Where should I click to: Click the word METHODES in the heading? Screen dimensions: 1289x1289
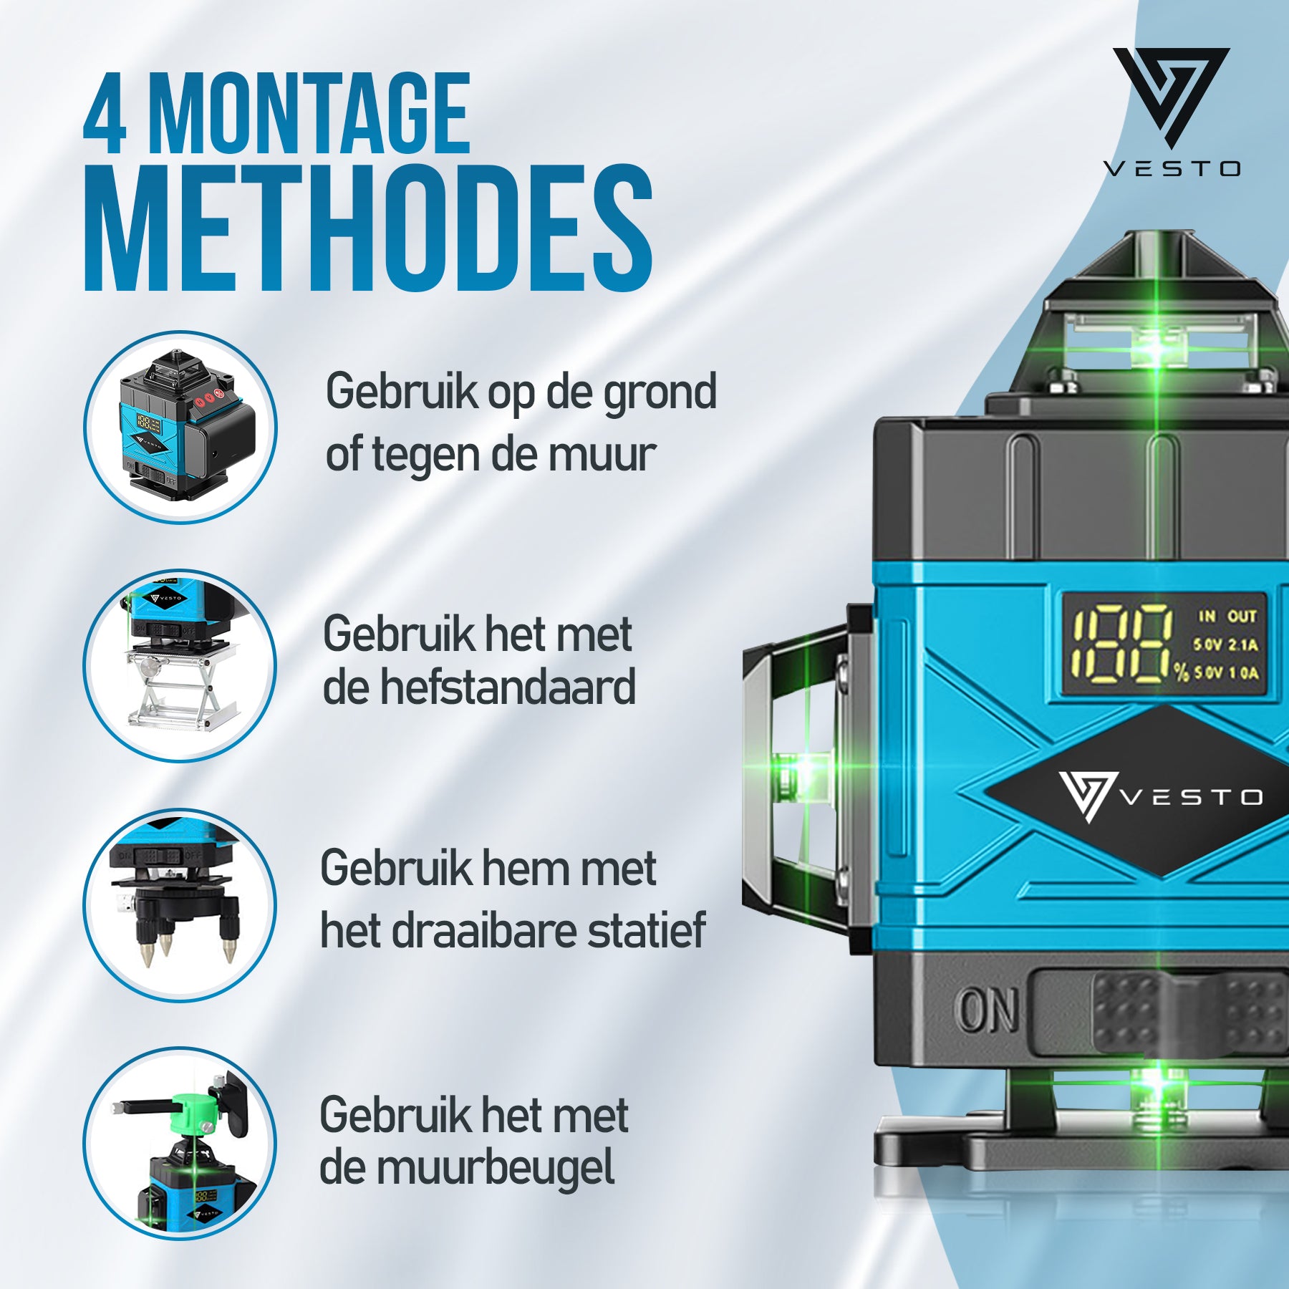pos(368,228)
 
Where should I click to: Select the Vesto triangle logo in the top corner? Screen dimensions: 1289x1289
pos(1171,97)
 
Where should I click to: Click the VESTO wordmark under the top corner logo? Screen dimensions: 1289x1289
pos(1172,169)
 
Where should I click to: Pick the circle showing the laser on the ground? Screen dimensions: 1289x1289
pos(180,427)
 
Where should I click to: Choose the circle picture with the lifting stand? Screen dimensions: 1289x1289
pos(180,665)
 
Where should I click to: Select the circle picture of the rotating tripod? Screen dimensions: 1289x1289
pos(180,904)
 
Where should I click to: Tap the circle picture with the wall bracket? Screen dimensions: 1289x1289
pos(180,1144)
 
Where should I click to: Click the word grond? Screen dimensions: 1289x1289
pos(660,394)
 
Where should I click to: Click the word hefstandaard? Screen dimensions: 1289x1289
pos(507,687)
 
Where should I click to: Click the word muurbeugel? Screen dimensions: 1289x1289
pos(496,1170)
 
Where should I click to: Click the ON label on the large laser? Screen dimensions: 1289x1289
pos(988,1010)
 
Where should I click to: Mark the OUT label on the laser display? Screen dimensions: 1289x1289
pos(1242,616)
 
